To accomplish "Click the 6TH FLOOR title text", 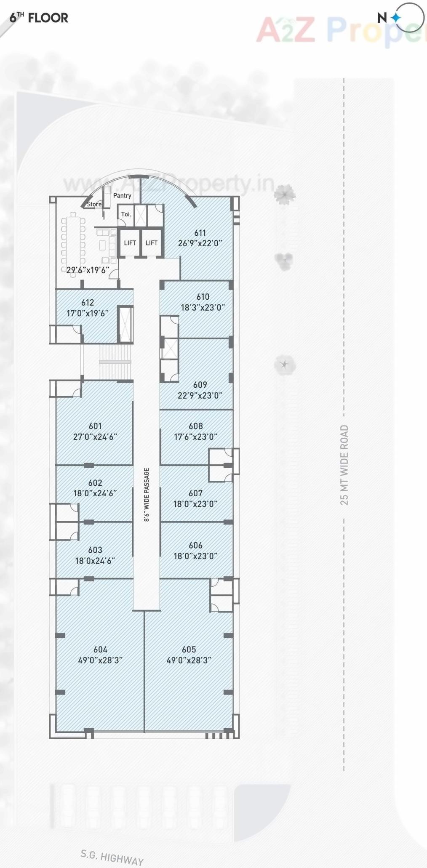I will (39, 18).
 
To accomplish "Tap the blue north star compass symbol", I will (396, 18).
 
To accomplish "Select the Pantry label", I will (122, 195).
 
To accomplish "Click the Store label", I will (94, 204).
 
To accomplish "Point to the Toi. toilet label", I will (126, 214).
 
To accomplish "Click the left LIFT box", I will (130, 243).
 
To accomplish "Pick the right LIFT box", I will (152, 243).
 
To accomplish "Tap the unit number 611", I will (200, 233).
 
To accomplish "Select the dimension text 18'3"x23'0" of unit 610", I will (203, 308).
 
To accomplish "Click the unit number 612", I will (88, 303).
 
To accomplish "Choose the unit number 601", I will (95, 426).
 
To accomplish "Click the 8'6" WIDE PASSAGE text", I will (147, 495).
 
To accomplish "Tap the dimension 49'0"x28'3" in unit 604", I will (100, 660).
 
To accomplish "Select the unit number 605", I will (189, 649).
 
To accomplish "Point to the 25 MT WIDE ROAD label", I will (344, 465).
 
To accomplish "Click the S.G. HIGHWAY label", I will (112, 857).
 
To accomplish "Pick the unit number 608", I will (196, 426).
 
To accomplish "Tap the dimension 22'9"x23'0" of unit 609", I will (200, 396).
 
